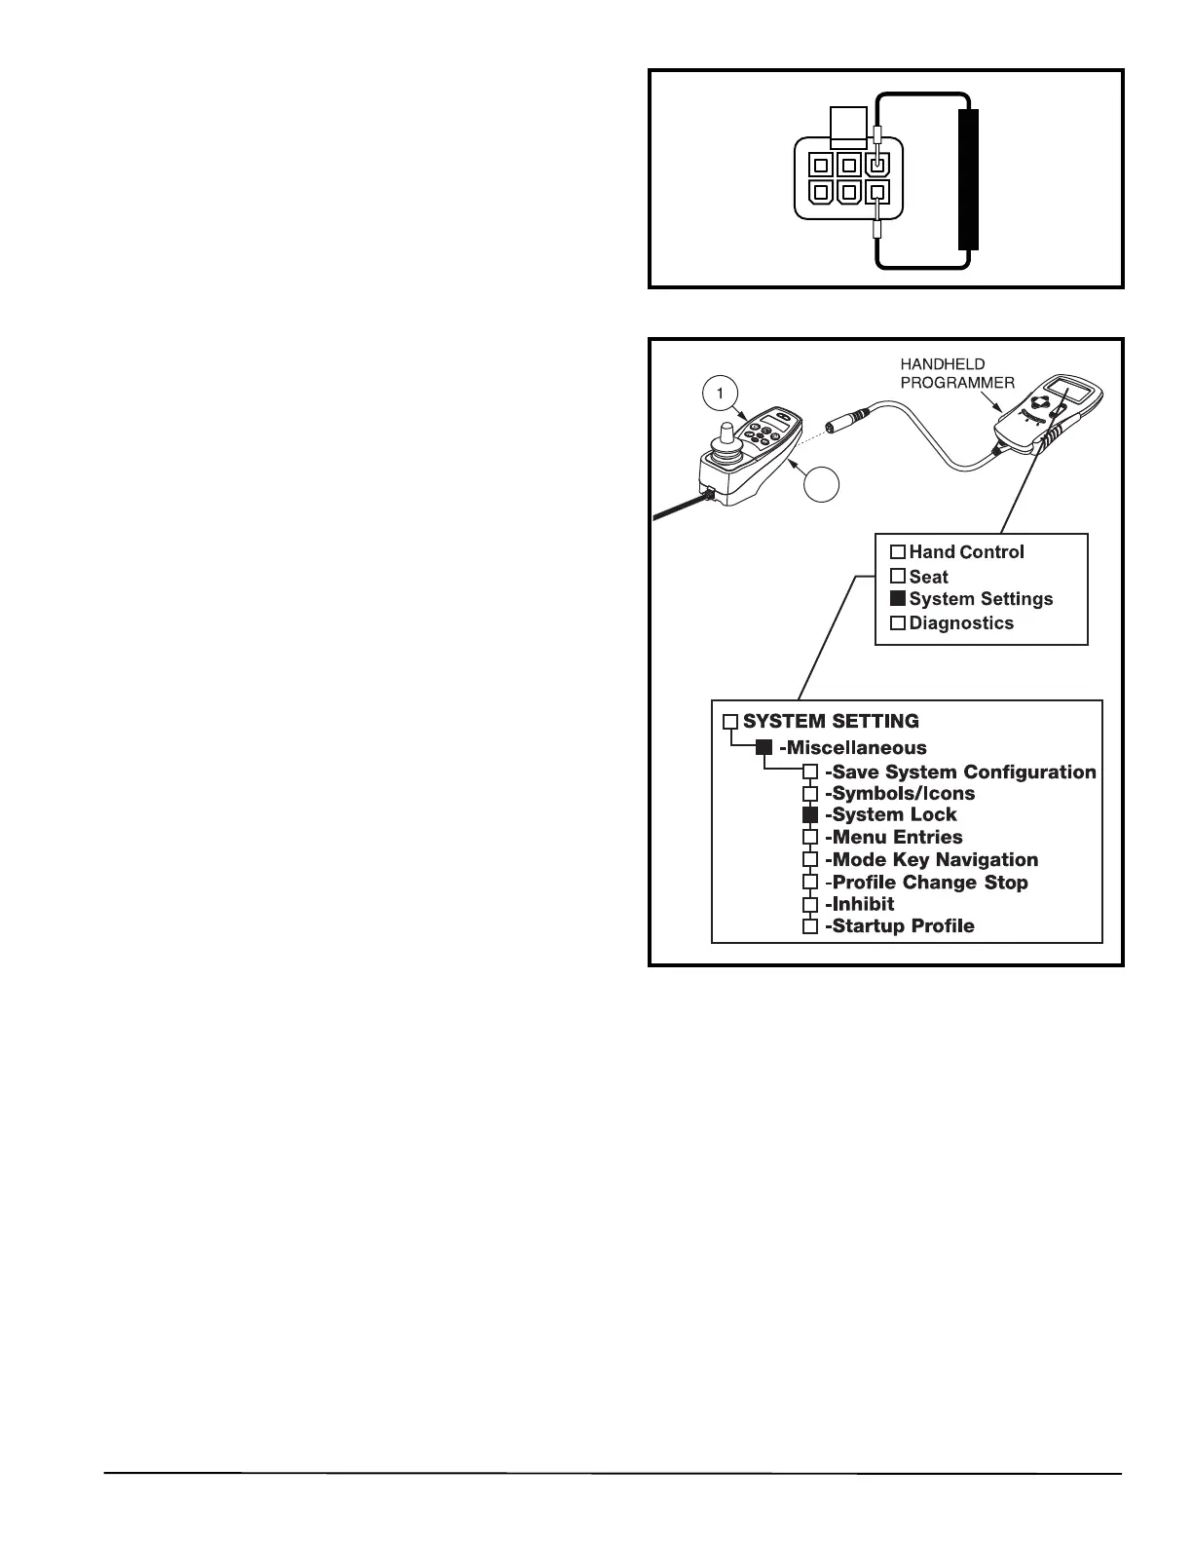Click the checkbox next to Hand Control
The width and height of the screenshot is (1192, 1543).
[x=898, y=552]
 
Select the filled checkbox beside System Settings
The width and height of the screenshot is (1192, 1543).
[x=898, y=599]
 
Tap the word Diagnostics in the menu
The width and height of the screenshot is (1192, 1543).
[x=961, y=623]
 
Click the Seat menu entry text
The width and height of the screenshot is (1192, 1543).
[x=928, y=577]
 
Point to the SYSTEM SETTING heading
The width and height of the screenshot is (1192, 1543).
[x=831, y=722]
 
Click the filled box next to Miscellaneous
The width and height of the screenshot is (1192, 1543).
[x=764, y=747]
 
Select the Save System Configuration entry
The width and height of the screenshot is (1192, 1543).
[x=960, y=772]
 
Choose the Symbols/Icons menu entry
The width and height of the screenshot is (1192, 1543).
[x=899, y=794]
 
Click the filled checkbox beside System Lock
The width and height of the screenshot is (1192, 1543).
[x=810, y=815]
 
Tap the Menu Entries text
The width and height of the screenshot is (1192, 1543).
[x=893, y=838]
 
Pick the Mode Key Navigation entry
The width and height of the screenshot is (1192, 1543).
[x=931, y=860]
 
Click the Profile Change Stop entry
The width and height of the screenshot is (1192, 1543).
[x=926, y=883]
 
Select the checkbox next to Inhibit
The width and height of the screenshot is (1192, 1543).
[x=810, y=905]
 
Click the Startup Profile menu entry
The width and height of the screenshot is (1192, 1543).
[x=899, y=926]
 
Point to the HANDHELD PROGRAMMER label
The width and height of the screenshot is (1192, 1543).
[x=956, y=373]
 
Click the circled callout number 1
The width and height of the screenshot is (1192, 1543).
[x=720, y=394]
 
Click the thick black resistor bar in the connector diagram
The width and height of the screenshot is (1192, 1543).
[x=968, y=180]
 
